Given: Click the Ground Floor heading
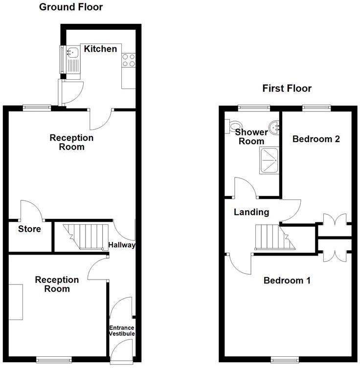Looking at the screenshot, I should point(71,7).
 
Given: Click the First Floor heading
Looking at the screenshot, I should point(287,88).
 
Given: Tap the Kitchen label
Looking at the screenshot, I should point(100,49).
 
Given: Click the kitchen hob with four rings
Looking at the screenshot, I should point(129,60).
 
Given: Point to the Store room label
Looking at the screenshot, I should point(29,229).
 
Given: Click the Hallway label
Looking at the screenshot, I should point(122,245).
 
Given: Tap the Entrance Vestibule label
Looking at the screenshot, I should point(121,330).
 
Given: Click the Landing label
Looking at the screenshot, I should point(251,212).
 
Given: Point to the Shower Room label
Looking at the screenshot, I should point(251,137).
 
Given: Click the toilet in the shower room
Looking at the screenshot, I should point(231,126).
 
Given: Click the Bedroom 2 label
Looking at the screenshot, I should point(316,139).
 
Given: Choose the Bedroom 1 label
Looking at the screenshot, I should point(287,281).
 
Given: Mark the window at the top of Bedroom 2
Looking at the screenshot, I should point(315,107).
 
